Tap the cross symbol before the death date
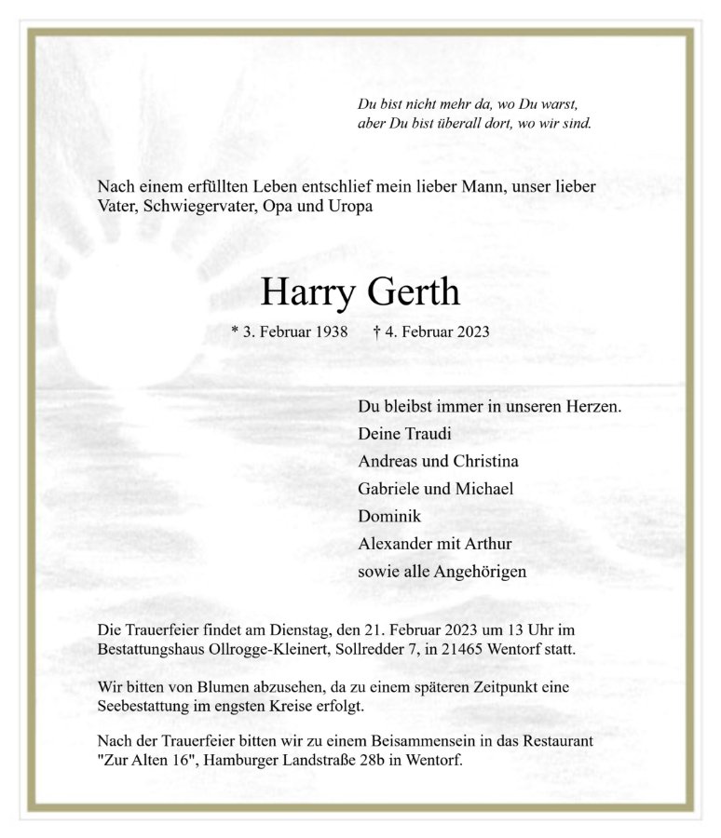(x=376, y=331)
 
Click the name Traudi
(x=428, y=434)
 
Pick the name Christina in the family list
(x=485, y=461)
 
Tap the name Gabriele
(x=388, y=489)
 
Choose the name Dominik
(x=389, y=516)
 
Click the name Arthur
(x=489, y=544)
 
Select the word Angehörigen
(x=480, y=571)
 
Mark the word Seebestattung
(x=144, y=705)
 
